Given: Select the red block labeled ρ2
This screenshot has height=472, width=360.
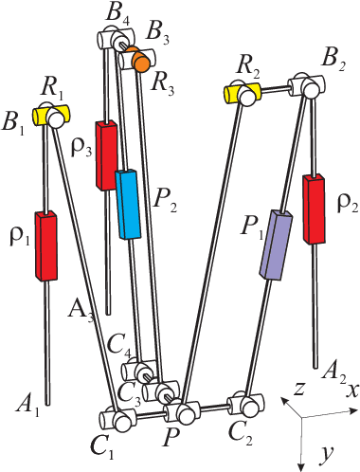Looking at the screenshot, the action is (x=315, y=209).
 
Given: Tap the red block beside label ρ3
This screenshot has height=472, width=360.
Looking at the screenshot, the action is (x=106, y=155).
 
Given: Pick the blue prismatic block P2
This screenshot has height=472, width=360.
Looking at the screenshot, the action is (x=129, y=204).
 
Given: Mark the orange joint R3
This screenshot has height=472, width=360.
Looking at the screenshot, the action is (x=140, y=61).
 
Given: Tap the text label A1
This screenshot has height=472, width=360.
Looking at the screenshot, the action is (x=28, y=408).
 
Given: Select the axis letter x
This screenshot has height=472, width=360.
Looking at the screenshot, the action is (x=351, y=390).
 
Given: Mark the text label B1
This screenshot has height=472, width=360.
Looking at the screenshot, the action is (x=16, y=123).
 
